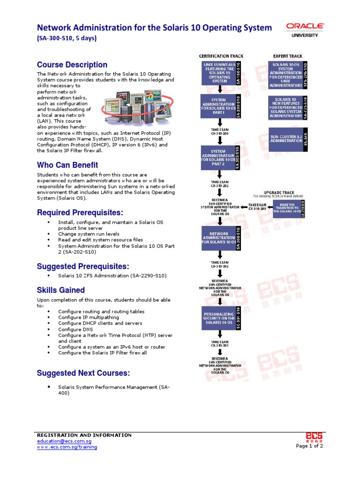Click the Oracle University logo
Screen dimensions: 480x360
click(x=305, y=30)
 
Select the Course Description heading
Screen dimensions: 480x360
click(x=72, y=65)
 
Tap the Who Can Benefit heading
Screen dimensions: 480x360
click(x=67, y=165)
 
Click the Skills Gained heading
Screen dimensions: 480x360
click(x=61, y=290)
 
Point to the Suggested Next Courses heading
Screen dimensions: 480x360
click(x=83, y=373)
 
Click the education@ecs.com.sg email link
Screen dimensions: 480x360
click(x=64, y=441)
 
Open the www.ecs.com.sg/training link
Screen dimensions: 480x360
click(x=67, y=447)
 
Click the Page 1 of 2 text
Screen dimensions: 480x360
click(x=309, y=446)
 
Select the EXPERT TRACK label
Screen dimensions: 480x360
click(x=288, y=56)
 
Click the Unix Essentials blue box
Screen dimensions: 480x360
click(x=220, y=73)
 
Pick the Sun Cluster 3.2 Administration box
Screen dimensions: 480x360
click(x=286, y=138)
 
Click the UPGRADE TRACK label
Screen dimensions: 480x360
click(x=279, y=192)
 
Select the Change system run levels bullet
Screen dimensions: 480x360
click(x=89, y=234)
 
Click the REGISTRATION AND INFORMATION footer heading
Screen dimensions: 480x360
click(x=84, y=435)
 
